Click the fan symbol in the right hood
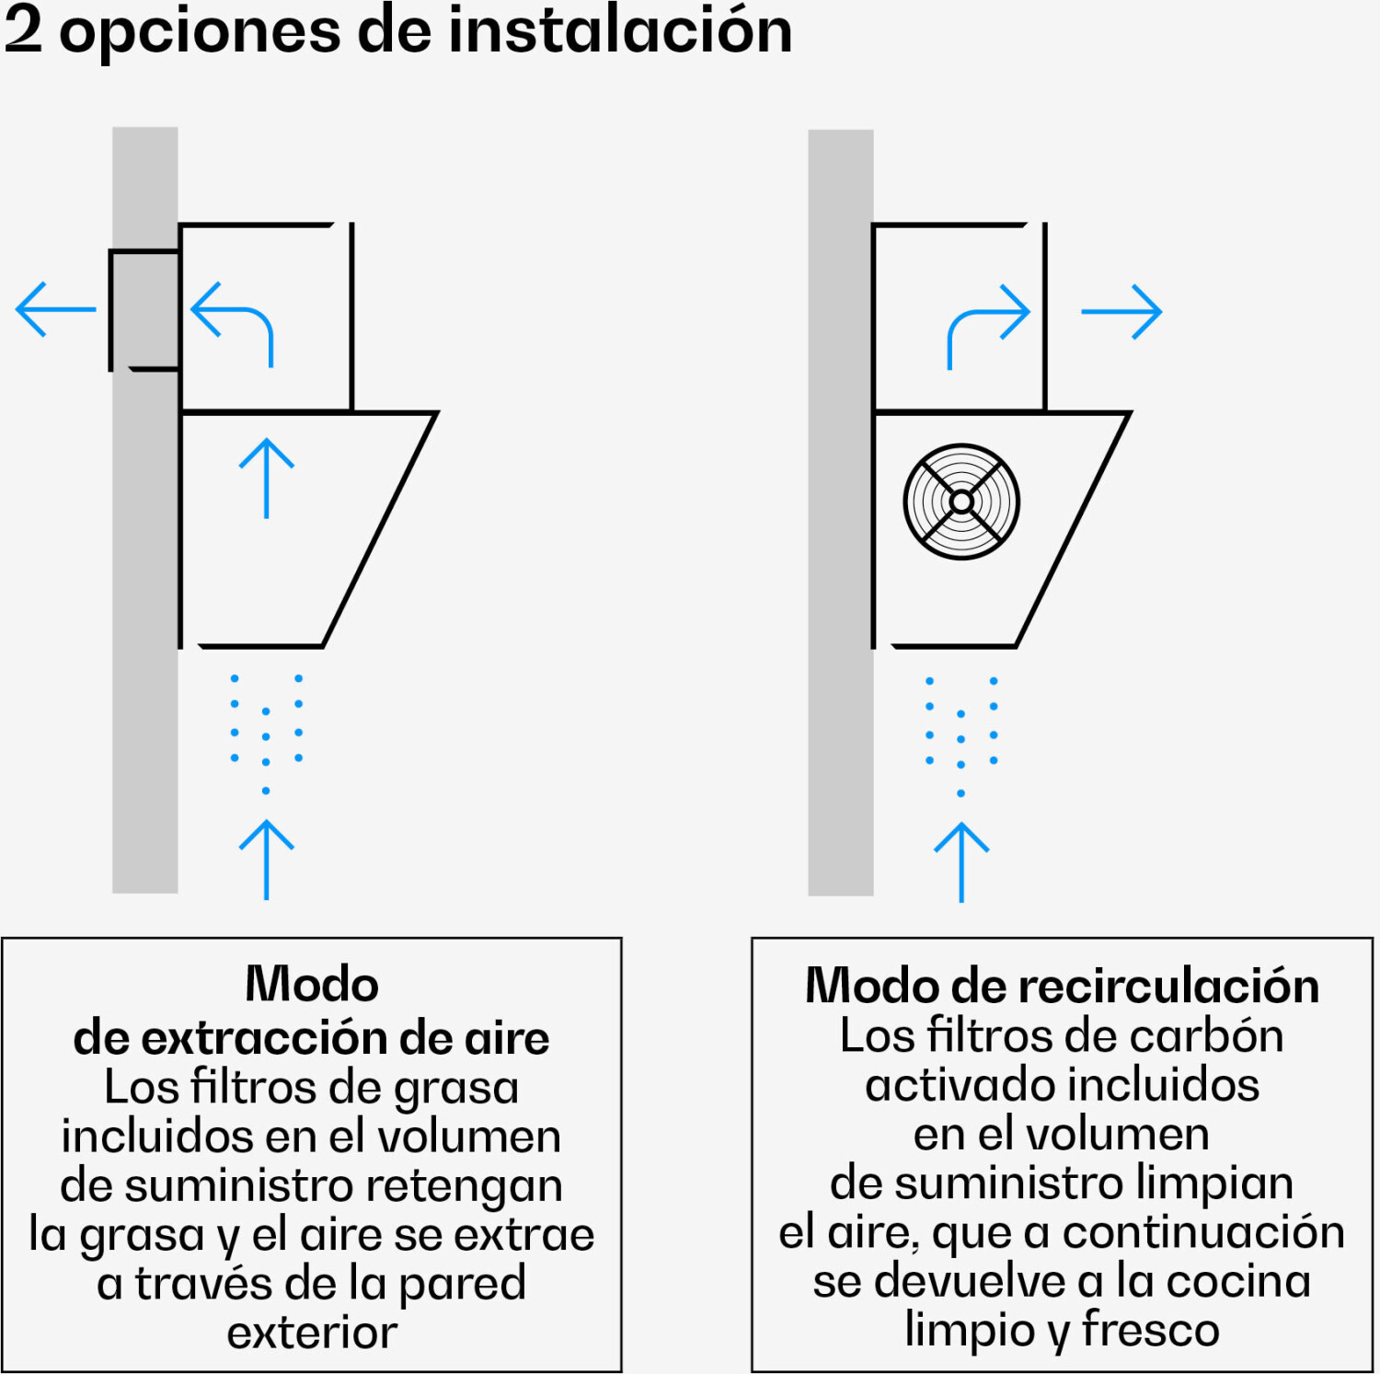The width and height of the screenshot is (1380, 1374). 961,502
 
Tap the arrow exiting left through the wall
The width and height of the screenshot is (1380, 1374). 56,309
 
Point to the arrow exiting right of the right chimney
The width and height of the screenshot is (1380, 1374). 1121,312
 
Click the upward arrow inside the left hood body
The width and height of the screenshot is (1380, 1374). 267,479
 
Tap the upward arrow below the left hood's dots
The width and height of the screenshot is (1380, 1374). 267,860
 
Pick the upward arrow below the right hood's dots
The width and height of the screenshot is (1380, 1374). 961,862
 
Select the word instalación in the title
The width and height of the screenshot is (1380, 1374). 620,30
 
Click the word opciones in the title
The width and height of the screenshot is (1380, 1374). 201,34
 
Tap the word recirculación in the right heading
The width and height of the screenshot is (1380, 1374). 1167,986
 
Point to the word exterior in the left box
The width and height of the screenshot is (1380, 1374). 312,1333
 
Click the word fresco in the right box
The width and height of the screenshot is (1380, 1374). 1150,1329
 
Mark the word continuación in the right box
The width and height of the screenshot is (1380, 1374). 1203,1231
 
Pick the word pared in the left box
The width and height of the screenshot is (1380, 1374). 462,1285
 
